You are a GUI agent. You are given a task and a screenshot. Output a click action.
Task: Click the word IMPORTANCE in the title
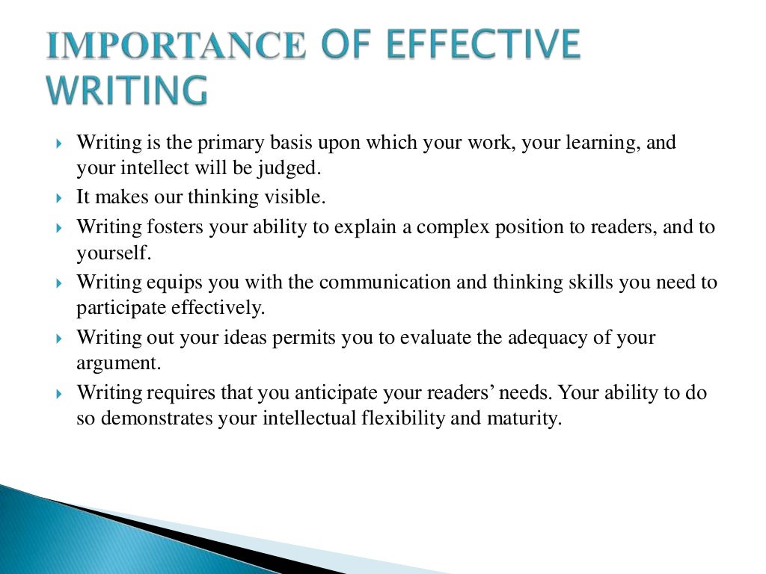click(176, 46)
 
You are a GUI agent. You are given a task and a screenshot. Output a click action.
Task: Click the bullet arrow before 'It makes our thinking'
click(60, 199)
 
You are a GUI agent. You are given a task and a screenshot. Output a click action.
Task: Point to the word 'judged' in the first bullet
click(295, 168)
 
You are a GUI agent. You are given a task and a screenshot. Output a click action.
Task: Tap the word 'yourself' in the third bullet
click(113, 253)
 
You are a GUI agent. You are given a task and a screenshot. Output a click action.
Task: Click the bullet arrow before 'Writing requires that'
click(60, 393)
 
